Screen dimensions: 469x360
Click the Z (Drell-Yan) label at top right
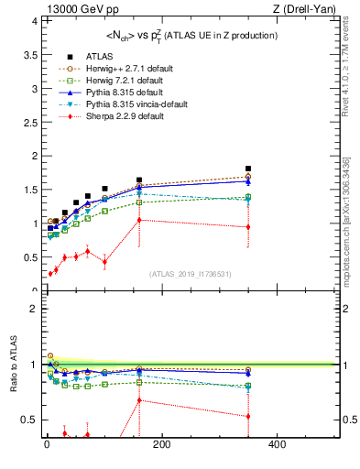coord(311,8)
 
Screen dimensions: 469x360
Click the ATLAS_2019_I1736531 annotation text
coord(191,274)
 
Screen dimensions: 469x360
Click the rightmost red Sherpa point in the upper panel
coord(248,227)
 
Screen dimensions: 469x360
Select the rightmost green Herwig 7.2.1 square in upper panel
coord(248,197)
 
